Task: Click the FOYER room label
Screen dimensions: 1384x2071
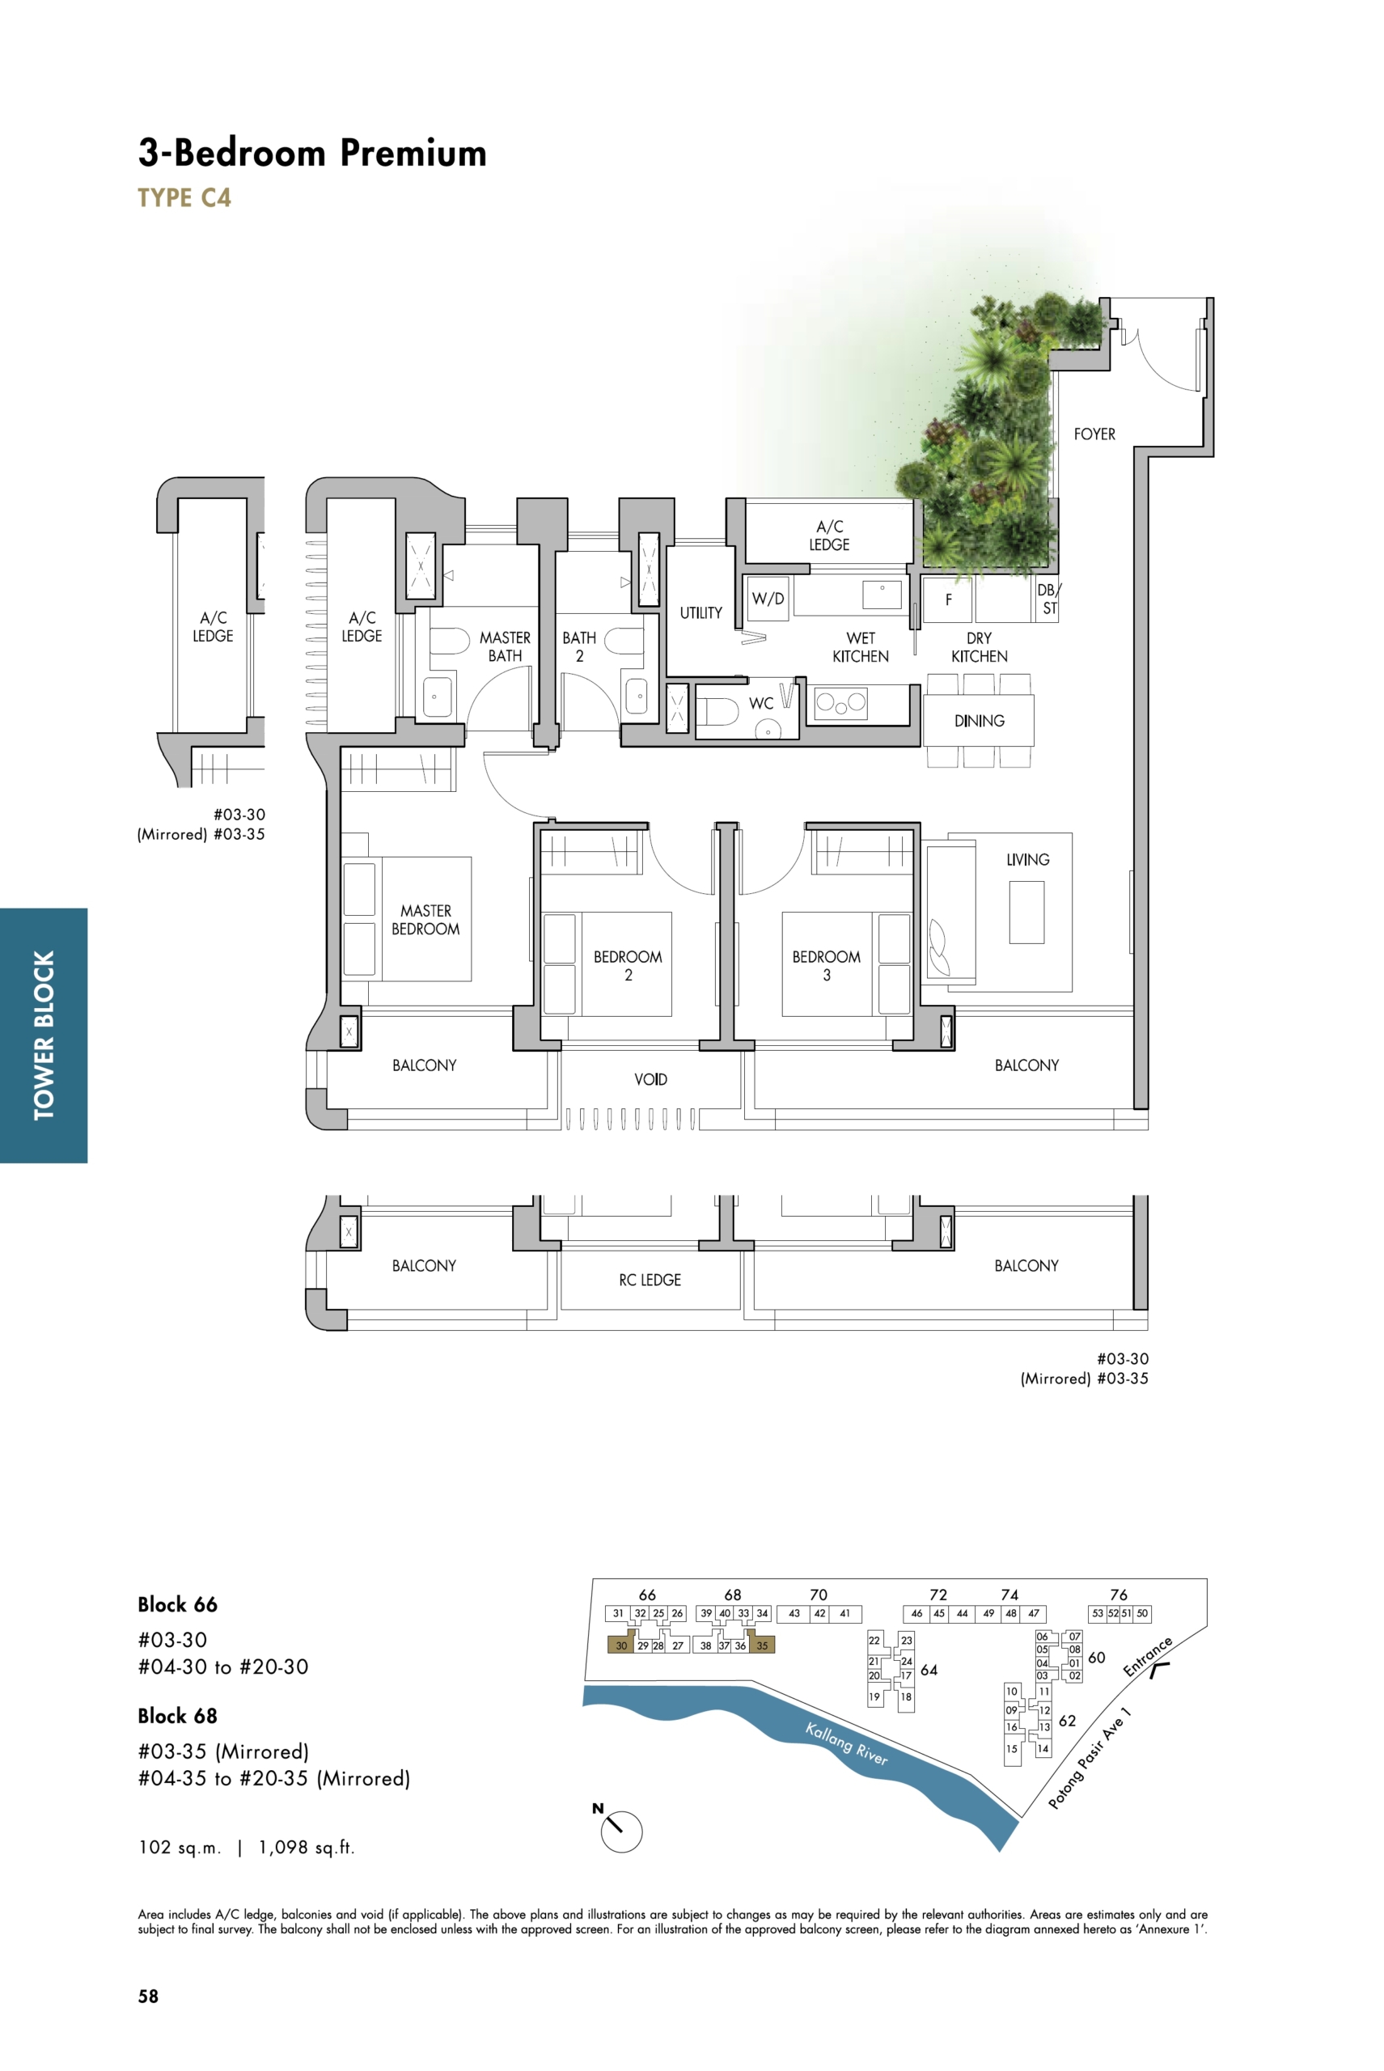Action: [1094, 434]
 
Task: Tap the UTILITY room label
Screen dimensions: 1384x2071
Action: [700, 612]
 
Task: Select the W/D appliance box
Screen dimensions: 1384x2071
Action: [768, 599]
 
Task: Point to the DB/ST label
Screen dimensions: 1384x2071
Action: [1048, 599]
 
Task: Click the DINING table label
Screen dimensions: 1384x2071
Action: [979, 722]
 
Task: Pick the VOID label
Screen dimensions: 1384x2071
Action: [650, 1080]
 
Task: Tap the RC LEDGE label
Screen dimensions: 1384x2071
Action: [650, 1280]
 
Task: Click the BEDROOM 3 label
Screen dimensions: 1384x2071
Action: [826, 966]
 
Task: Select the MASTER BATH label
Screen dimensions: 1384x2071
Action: [505, 646]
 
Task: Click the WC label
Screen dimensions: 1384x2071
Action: [761, 704]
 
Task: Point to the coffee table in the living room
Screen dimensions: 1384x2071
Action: [1026, 913]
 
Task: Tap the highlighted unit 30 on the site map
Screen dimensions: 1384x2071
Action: [621, 1645]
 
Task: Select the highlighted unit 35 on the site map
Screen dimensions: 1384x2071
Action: [762, 1645]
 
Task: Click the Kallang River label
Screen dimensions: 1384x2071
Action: [846, 1743]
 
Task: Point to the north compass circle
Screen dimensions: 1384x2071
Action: [621, 1831]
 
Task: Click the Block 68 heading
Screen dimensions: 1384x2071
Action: [177, 1716]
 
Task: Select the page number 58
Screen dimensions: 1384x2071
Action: [148, 1997]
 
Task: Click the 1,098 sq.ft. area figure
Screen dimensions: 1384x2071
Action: [307, 1848]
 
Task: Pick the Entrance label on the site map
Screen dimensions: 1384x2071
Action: [1148, 1657]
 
